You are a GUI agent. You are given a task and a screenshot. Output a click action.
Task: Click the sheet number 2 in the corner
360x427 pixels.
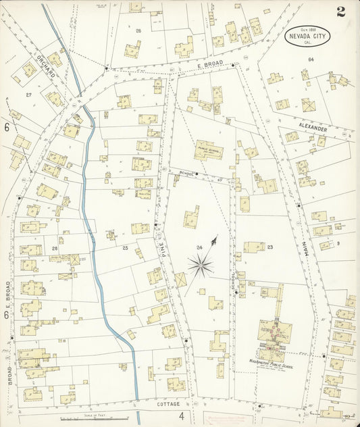click(x=341, y=11)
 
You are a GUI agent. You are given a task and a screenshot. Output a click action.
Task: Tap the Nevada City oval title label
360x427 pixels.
click(x=308, y=34)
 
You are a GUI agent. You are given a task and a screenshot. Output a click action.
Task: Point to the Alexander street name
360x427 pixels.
click(x=313, y=128)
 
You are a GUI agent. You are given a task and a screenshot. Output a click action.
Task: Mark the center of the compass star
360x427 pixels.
click(x=201, y=266)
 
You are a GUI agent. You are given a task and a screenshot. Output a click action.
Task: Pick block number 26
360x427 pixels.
click(x=138, y=31)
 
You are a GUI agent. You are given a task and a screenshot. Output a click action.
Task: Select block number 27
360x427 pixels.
click(x=28, y=95)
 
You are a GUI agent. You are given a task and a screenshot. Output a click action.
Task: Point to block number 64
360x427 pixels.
click(x=311, y=59)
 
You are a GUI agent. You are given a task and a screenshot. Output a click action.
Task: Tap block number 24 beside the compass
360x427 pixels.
click(x=199, y=248)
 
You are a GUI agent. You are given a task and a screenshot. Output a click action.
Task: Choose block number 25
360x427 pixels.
click(x=124, y=248)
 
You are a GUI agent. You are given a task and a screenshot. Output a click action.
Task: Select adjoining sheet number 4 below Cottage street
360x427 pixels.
click(x=181, y=416)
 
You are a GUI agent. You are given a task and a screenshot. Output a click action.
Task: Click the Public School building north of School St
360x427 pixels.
click(x=209, y=150)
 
